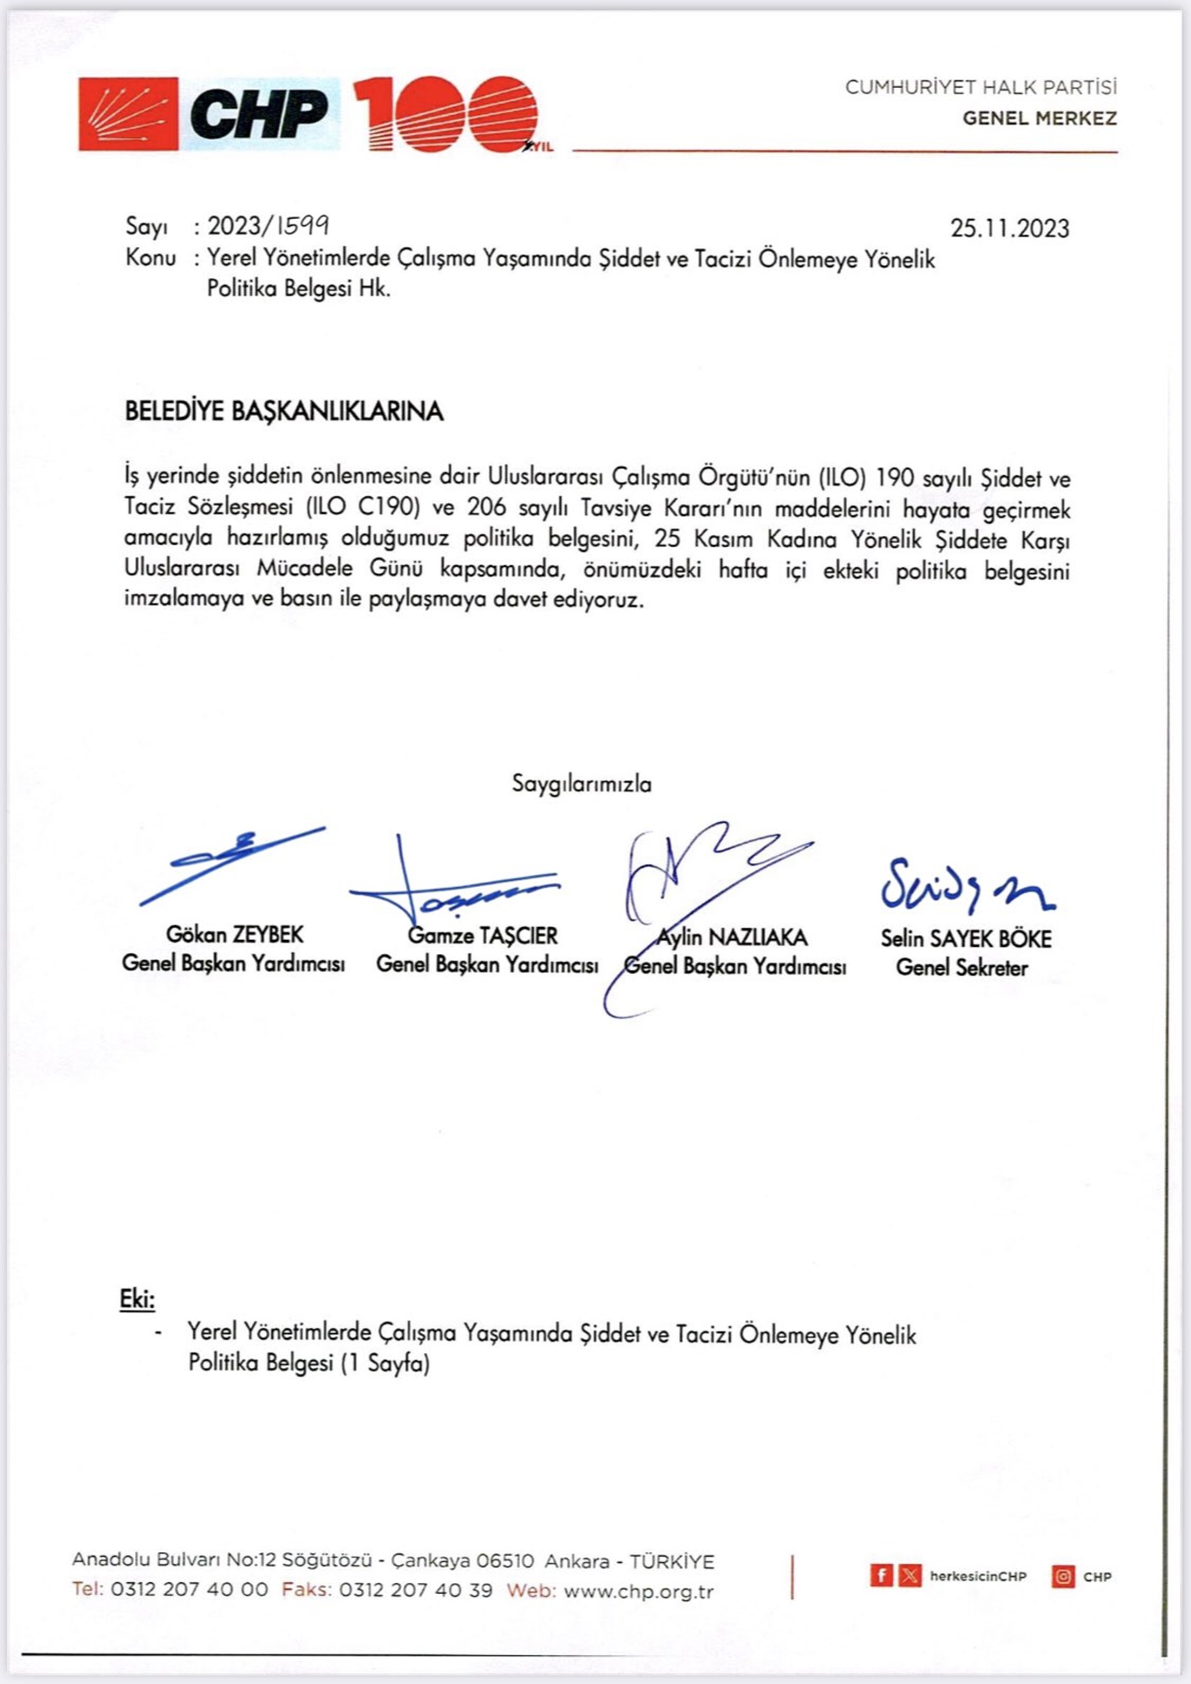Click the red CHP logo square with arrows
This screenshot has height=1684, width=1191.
[x=128, y=114]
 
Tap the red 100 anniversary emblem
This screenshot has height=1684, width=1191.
[x=447, y=115]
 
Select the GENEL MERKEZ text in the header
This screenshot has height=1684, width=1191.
[x=1039, y=118]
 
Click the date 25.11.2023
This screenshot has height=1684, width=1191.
[x=1010, y=228]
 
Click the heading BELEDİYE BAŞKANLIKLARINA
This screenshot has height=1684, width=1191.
[x=285, y=411]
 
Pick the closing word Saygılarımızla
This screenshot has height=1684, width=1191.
[x=581, y=783]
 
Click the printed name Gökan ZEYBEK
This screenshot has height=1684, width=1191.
[x=234, y=934]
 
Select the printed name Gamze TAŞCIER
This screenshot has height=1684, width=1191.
[x=482, y=935]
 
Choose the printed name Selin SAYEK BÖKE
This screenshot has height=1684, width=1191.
[x=966, y=939]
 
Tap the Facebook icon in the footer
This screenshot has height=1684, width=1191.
[x=881, y=1575]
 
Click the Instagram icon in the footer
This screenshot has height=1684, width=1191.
[x=1063, y=1575]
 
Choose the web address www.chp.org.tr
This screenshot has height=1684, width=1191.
[x=638, y=1591]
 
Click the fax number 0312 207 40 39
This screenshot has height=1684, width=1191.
[x=416, y=1591]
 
